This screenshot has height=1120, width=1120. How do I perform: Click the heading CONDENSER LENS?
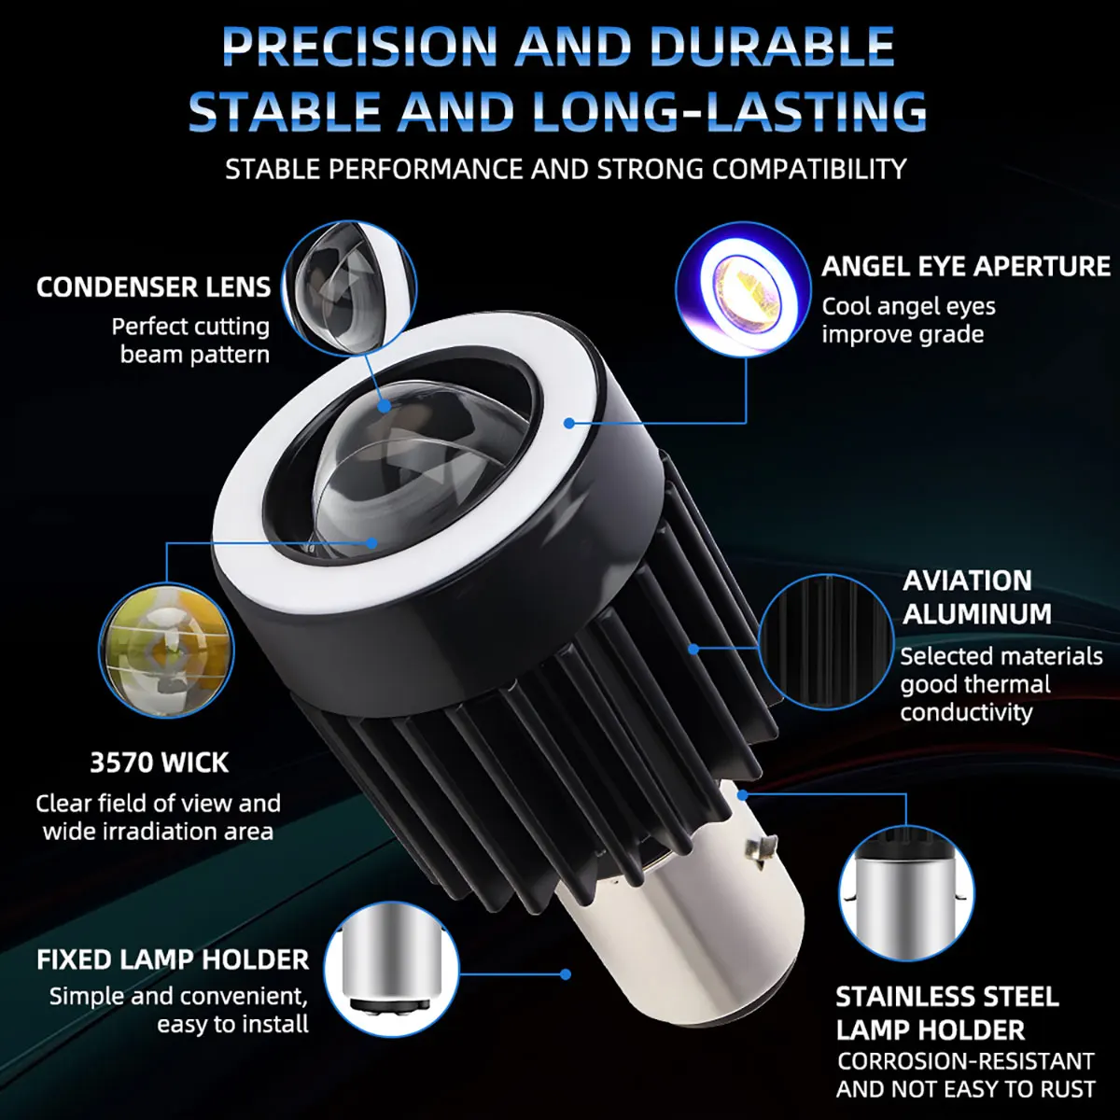point(153,287)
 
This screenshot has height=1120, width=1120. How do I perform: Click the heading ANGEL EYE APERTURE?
point(965,267)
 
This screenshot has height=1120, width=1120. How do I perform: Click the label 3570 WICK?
point(159,763)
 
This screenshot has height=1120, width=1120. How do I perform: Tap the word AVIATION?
point(967,581)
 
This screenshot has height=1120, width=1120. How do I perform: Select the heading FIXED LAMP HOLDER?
point(173,959)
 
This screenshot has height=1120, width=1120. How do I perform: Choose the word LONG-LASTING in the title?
point(729,110)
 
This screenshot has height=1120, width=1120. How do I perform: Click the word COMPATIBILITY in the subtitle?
point(809,169)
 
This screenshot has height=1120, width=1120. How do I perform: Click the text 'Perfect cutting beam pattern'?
point(192,341)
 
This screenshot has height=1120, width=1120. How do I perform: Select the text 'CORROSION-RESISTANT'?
point(965,1061)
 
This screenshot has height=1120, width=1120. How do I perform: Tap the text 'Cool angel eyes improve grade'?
point(907,320)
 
